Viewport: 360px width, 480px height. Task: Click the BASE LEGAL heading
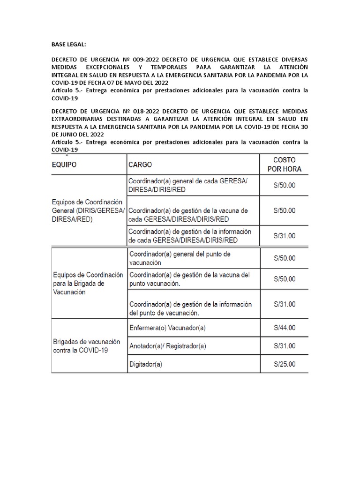click(69, 45)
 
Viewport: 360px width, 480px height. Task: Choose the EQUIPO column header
click(64, 165)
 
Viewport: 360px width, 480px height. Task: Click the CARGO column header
click(140, 165)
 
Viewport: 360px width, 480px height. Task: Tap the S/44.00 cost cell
click(285, 328)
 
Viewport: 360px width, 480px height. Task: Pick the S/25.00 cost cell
click(285, 363)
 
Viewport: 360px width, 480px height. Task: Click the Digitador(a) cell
click(145, 364)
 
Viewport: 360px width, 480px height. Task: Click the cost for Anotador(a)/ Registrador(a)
click(285, 346)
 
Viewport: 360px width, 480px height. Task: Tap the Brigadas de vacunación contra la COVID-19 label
click(86, 346)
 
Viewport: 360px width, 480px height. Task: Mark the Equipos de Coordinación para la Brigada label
click(88, 283)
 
